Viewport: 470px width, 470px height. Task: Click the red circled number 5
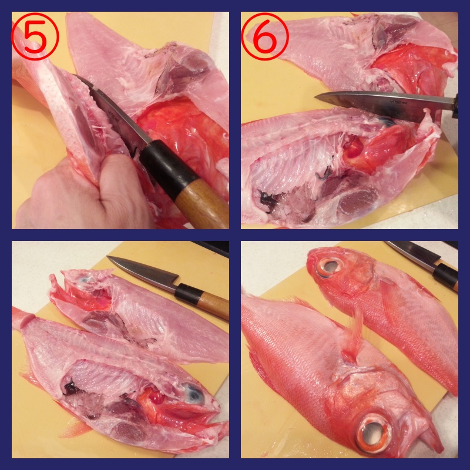[35, 36]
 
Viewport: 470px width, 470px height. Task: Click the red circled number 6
[265, 36]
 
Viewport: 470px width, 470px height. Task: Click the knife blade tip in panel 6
[315, 97]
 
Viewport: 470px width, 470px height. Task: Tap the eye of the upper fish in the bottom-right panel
[330, 266]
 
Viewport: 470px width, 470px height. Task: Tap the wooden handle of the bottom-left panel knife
[213, 305]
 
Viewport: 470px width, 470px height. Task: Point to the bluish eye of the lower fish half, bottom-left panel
[192, 393]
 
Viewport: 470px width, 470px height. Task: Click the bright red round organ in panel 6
[354, 150]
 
